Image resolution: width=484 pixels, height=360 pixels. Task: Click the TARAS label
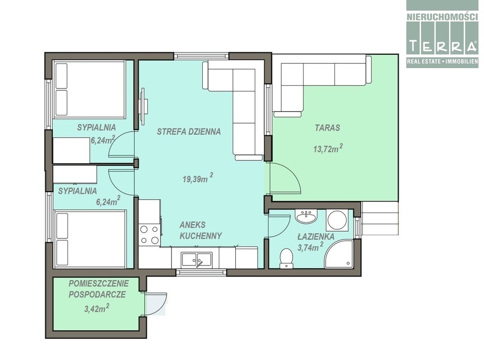tap(328, 128)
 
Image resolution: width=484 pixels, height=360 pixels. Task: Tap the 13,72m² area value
tap(328, 149)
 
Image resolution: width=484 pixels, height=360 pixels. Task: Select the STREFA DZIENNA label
tap(189, 132)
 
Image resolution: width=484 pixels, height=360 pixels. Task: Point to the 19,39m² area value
tap(198, 178)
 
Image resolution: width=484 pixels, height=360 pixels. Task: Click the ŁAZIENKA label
tap(316, 237)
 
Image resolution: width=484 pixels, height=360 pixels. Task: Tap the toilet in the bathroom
tap(286, 258)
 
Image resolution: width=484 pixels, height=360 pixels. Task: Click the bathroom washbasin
tap(306, 216)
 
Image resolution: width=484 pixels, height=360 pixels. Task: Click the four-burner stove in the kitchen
tap(149, 235)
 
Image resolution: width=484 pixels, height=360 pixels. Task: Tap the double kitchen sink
tap(197, 259)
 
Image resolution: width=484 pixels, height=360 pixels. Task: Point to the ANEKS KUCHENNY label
tap(200, 230)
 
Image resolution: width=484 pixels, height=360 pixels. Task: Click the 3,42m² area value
tap(96, 308)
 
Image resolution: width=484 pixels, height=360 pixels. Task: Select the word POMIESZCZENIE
tap(98, 283)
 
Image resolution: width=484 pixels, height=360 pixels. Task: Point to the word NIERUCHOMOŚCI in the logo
tap(442, 17)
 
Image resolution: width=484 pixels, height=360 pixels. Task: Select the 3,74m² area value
tap(310, 246)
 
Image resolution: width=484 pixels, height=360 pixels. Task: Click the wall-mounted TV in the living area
tap(144, 107)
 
